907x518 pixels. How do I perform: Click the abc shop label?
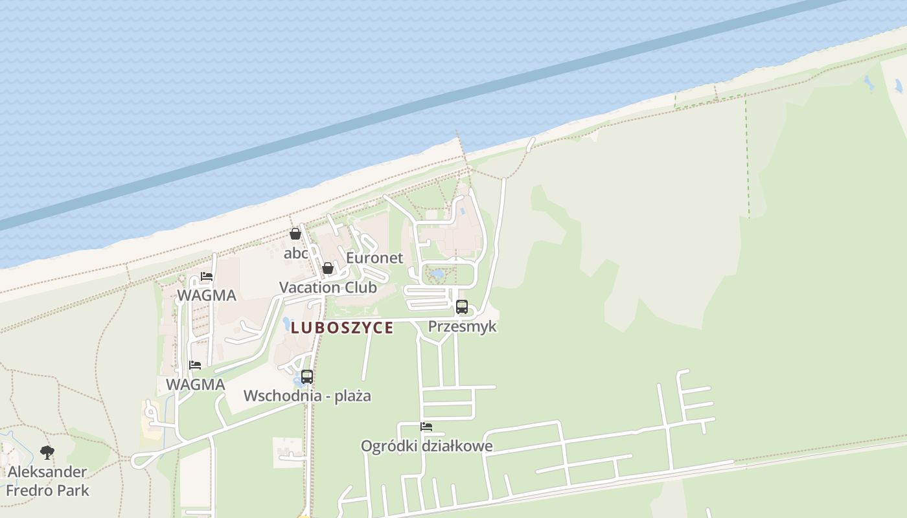(x=296, y=253)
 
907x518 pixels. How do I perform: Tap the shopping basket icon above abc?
(x=295, y=234)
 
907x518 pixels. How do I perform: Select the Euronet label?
(x=374, y=258)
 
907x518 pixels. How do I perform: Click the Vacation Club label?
(x=328, y=287)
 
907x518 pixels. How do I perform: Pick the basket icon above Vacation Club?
(x=328, y=267)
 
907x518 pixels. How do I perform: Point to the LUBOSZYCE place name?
(x=342, y=328)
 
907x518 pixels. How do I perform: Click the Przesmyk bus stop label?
(x=463, y=326)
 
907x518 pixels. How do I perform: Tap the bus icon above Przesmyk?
(x=462, y=307)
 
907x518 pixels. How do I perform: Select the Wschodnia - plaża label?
(x=307, y=396)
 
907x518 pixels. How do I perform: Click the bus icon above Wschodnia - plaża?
(x=307, y=376)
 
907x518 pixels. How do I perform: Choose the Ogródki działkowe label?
(x=426, y=446)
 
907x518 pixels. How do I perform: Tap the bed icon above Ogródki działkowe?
(x=426, y=427)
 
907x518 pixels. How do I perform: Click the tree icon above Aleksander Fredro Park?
(x=47, y=452)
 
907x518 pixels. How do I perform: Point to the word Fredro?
(x=28, y=490)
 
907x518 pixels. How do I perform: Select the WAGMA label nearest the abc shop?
(x=207, y=296)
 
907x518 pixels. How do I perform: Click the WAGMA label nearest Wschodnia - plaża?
(x=195, y=385)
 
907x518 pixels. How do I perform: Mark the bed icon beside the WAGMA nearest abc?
(x=207, y=276)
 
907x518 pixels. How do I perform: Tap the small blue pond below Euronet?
(x=437, y=275)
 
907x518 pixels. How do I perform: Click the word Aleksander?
(x=47, y=471)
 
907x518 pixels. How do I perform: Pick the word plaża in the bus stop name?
(x=352, y=396)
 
